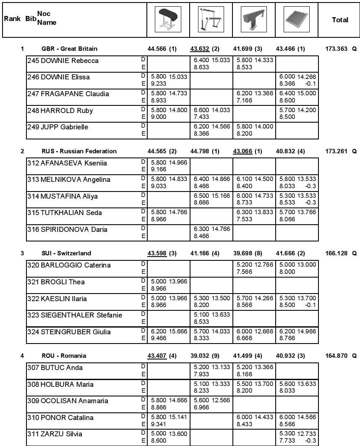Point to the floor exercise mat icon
tap(297, 19)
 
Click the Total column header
tap(340, 20)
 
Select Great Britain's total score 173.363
tap(337, 49)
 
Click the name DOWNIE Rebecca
tap(63, 61)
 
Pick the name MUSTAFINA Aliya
tap(65, 196)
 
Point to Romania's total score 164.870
tap(337, 356)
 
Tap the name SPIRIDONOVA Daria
tap(67, 229)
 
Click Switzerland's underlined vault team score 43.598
tap(157, 253)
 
